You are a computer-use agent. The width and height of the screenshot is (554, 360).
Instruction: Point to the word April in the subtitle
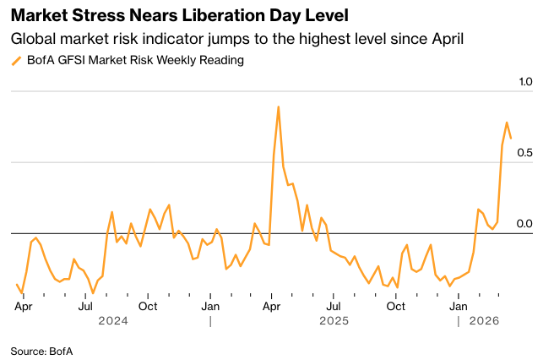(445, 39)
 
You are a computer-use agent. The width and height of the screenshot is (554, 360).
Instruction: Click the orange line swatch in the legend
(16, 61)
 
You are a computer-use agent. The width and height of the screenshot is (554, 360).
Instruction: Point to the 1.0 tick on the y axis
(524, 82)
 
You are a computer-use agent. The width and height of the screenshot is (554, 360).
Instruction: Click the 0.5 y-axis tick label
(524, 152)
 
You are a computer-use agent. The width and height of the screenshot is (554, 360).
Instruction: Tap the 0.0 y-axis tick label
(524, 223)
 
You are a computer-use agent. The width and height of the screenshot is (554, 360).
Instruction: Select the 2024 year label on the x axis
(113, 321)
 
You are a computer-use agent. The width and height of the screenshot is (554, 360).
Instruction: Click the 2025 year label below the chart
(334, 321)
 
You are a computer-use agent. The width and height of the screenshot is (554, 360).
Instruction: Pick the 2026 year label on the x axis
(484, 321)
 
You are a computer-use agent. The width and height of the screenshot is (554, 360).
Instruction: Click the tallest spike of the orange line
(278, 107)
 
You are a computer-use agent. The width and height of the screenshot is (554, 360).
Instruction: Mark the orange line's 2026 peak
(507, 123)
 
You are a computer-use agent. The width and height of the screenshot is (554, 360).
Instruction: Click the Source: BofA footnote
(41, 351)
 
